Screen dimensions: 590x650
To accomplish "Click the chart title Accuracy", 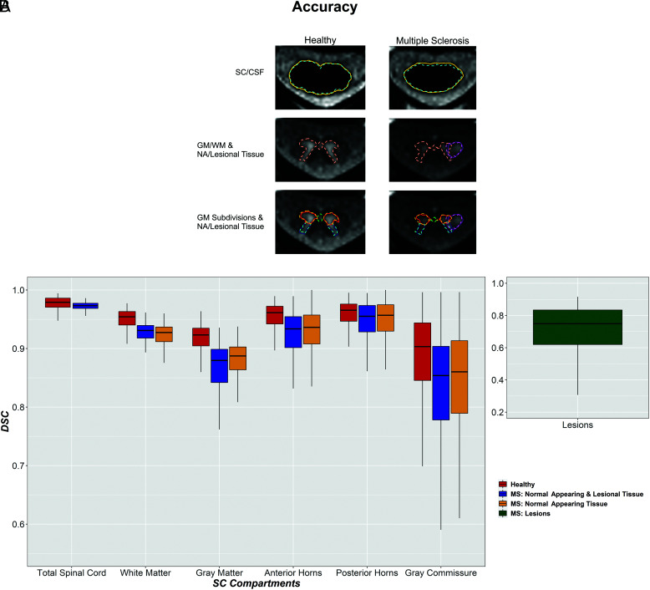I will point(325,8).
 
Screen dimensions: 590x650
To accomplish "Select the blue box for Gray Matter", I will point(220,366).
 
